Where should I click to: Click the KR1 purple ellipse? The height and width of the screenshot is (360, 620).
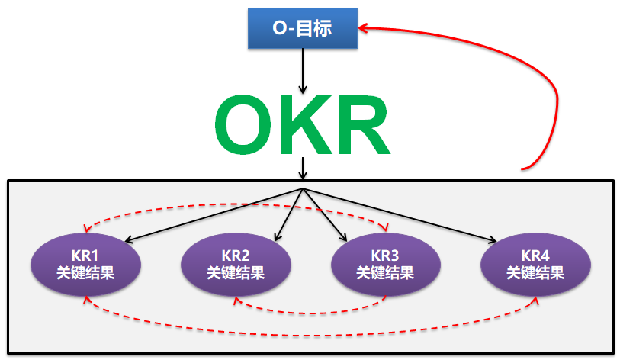point(85,264)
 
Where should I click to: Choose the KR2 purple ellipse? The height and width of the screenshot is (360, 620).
point(236,264)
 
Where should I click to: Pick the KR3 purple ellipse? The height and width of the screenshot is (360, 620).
point(385,264)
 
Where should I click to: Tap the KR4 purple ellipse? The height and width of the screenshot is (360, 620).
point(535,264)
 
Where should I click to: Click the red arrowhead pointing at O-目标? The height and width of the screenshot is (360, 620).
point(365,29)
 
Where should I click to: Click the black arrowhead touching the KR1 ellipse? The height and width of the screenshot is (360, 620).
point(128,241)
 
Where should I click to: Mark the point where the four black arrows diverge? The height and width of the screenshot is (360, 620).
point(304,188)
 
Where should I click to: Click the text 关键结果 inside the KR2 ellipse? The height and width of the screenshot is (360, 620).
point(236,272)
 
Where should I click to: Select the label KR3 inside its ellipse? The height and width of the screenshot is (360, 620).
point(385,255)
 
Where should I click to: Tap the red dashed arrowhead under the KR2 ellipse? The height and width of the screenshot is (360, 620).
point(238,301)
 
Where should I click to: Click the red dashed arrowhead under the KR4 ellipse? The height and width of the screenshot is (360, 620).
point(536,301)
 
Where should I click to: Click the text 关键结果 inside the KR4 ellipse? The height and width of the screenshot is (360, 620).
point(535,272)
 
